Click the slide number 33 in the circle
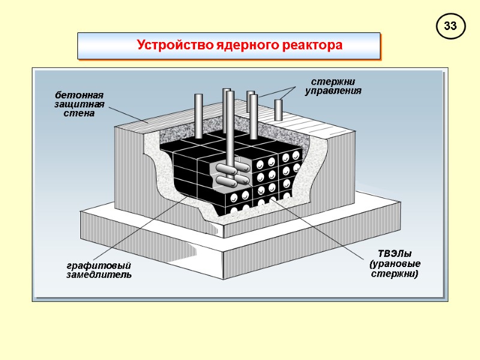point(451,26)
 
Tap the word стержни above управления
point(333,82)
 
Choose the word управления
point(333,91)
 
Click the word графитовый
point(98,266)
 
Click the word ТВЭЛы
point(395,253)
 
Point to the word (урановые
point(395,263)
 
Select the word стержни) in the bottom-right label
point(395,274)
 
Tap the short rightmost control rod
point(278,109)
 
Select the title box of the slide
point(229,46)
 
